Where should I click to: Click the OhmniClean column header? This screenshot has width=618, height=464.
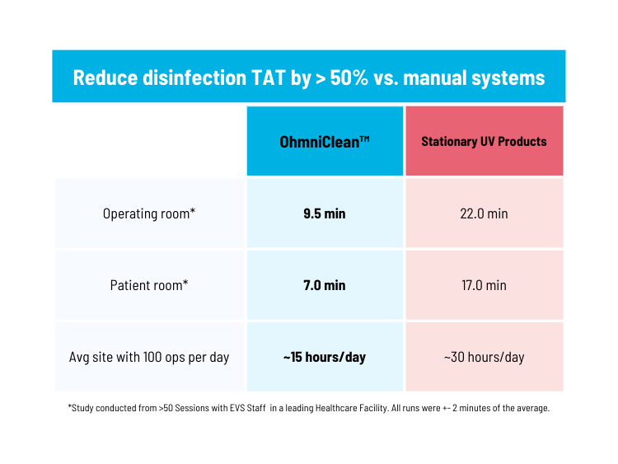[325, 141]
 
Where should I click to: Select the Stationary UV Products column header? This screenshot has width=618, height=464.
[484, 141]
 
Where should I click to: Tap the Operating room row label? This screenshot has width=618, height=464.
[149, 213]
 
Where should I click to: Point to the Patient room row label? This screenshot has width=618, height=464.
[149, 285]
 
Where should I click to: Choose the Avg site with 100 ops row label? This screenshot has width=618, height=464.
[149, 358]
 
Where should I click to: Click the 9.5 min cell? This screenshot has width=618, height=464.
[325, 213]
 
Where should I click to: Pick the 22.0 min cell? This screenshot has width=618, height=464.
[484, 213]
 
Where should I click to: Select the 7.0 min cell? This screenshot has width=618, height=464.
[325, 285]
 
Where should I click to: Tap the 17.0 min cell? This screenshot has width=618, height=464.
[484, 285]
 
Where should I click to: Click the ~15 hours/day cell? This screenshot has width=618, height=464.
[325, 358]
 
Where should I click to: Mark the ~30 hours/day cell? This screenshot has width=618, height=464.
[484, 358]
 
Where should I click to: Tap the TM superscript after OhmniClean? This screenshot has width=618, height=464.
[363, 138]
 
